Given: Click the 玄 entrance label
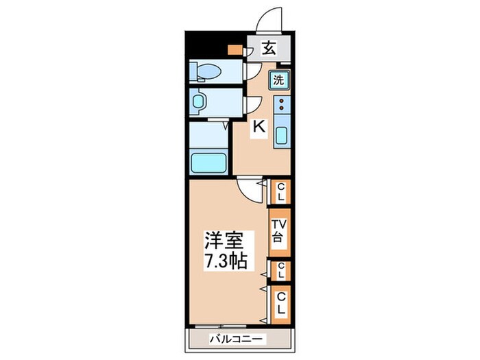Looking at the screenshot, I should (x=269, y=49).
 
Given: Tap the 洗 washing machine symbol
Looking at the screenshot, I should (x=279, y=80).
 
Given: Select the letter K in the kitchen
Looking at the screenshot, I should (x=259, y=127).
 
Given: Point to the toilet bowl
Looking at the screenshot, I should (x=206, y=71).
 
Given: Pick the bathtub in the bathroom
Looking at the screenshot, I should (x=208, y=163).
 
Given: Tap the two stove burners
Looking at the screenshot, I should (x=281, y=106).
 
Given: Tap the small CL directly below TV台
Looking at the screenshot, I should (x=280, y=272).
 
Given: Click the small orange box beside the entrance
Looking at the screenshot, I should (x=235, y=49).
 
